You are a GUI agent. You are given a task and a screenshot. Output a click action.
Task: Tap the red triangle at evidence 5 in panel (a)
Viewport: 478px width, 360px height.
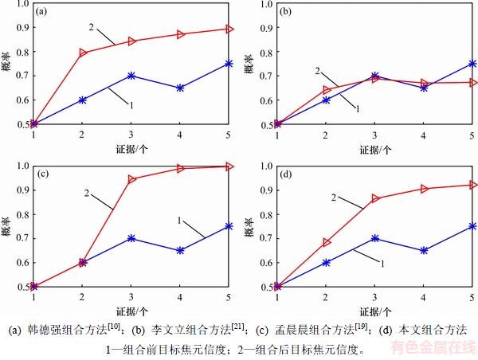[229, 29]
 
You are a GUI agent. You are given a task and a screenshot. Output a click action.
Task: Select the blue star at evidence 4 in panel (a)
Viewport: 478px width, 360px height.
[181, 88]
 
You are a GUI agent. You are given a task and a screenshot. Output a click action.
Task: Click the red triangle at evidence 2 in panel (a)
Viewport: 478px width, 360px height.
[83, 53]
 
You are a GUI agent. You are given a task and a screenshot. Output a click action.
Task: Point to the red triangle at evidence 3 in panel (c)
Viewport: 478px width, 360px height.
[131, 179]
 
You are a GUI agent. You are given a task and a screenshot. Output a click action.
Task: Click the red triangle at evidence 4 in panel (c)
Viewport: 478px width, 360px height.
[181, 169]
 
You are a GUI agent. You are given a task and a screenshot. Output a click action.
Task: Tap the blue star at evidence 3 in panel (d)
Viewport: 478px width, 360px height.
[375, 238]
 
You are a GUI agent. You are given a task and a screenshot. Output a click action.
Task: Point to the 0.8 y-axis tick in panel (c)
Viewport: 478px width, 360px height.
[22, 213]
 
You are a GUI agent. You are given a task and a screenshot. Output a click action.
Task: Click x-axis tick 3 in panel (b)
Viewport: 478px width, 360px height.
[375, 135]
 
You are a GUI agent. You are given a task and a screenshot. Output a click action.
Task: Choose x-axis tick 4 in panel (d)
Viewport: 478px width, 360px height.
[424, 297]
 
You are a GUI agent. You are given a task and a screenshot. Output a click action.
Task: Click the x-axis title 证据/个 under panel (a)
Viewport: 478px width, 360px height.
[131, 148]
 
